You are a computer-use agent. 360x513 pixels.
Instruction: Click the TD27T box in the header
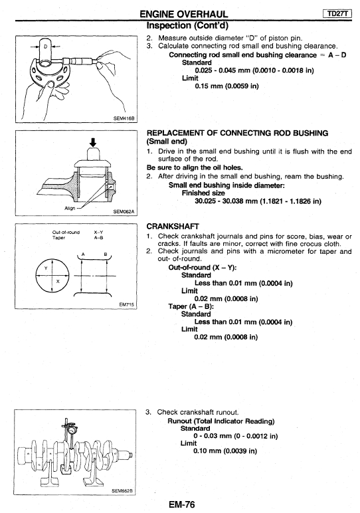337,13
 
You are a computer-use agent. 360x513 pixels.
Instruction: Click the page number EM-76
182,504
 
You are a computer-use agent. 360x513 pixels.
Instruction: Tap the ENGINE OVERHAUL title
184,14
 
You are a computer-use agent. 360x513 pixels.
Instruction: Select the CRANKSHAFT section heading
173,227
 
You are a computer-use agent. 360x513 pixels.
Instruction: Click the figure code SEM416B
124,118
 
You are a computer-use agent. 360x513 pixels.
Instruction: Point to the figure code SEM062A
124,211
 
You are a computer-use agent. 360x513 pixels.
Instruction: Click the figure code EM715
127,304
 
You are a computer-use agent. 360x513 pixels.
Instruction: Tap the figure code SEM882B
122,491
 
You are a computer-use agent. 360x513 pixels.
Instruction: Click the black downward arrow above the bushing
93,142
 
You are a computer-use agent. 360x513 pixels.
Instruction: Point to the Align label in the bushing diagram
70,208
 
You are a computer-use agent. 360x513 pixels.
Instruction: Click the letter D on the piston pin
45,47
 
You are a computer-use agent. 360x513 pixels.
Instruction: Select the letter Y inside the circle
46,268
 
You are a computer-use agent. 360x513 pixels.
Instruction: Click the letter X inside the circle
58,281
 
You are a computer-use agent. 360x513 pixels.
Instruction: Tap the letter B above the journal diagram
106,254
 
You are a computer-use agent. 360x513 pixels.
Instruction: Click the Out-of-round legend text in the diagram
66,233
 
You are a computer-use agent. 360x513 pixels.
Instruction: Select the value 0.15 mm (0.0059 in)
226,86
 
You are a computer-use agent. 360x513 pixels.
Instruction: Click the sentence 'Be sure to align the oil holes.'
195,168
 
